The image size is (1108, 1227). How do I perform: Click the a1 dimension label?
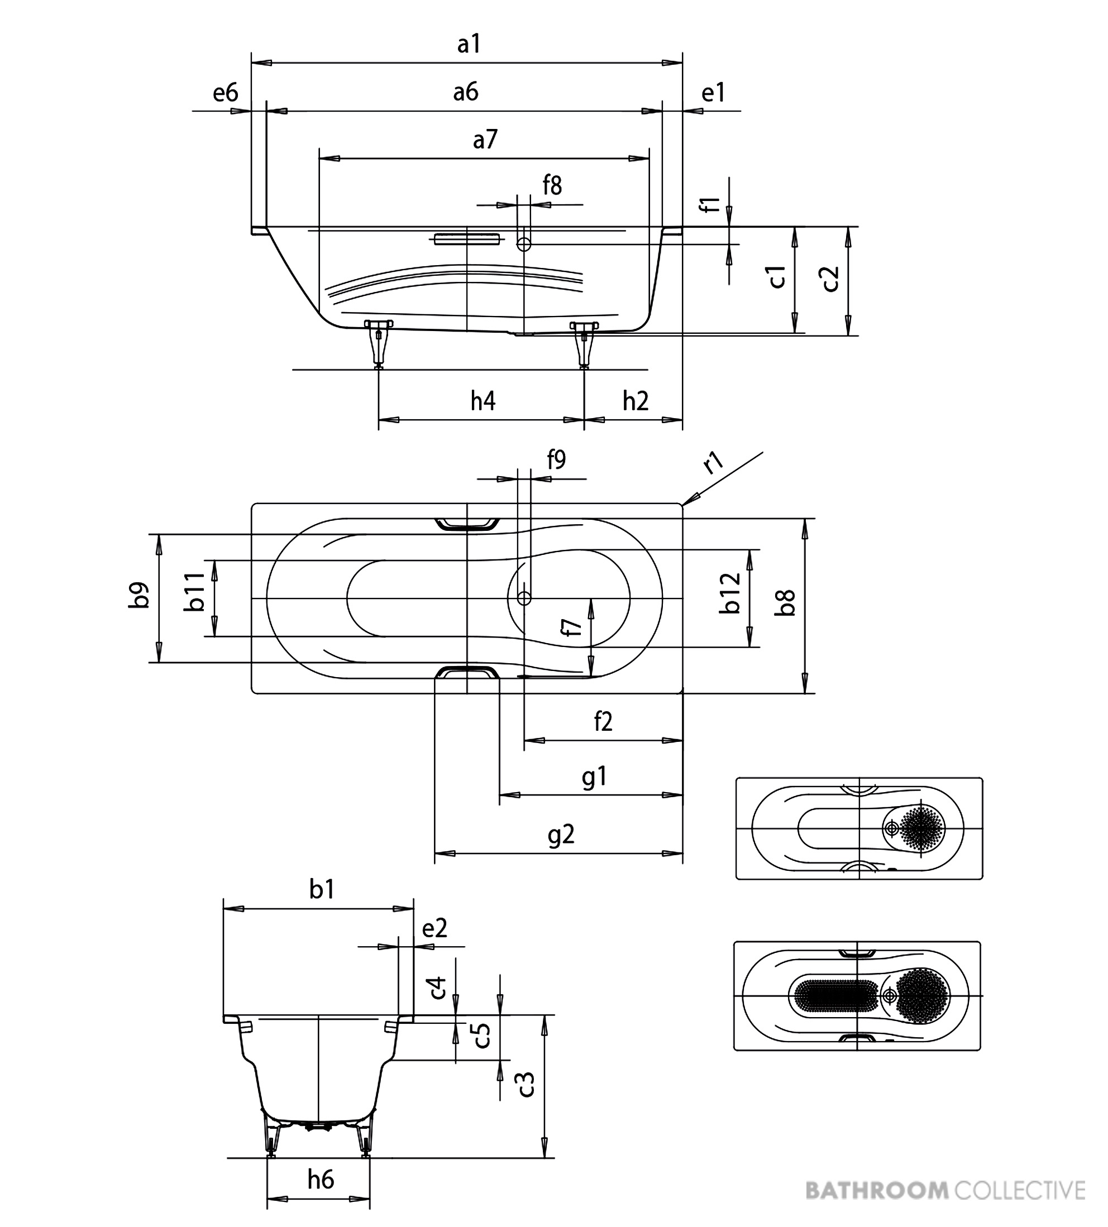[469, 44]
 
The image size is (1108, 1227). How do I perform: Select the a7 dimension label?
[485, 140]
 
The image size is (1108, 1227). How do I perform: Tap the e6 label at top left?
[225, 93]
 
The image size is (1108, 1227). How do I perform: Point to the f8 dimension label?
[552, 185]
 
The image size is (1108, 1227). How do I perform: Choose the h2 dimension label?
[636, 401]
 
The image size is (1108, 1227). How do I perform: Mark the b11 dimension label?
[195, 592]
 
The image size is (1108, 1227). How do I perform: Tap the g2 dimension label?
[561, 835]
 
